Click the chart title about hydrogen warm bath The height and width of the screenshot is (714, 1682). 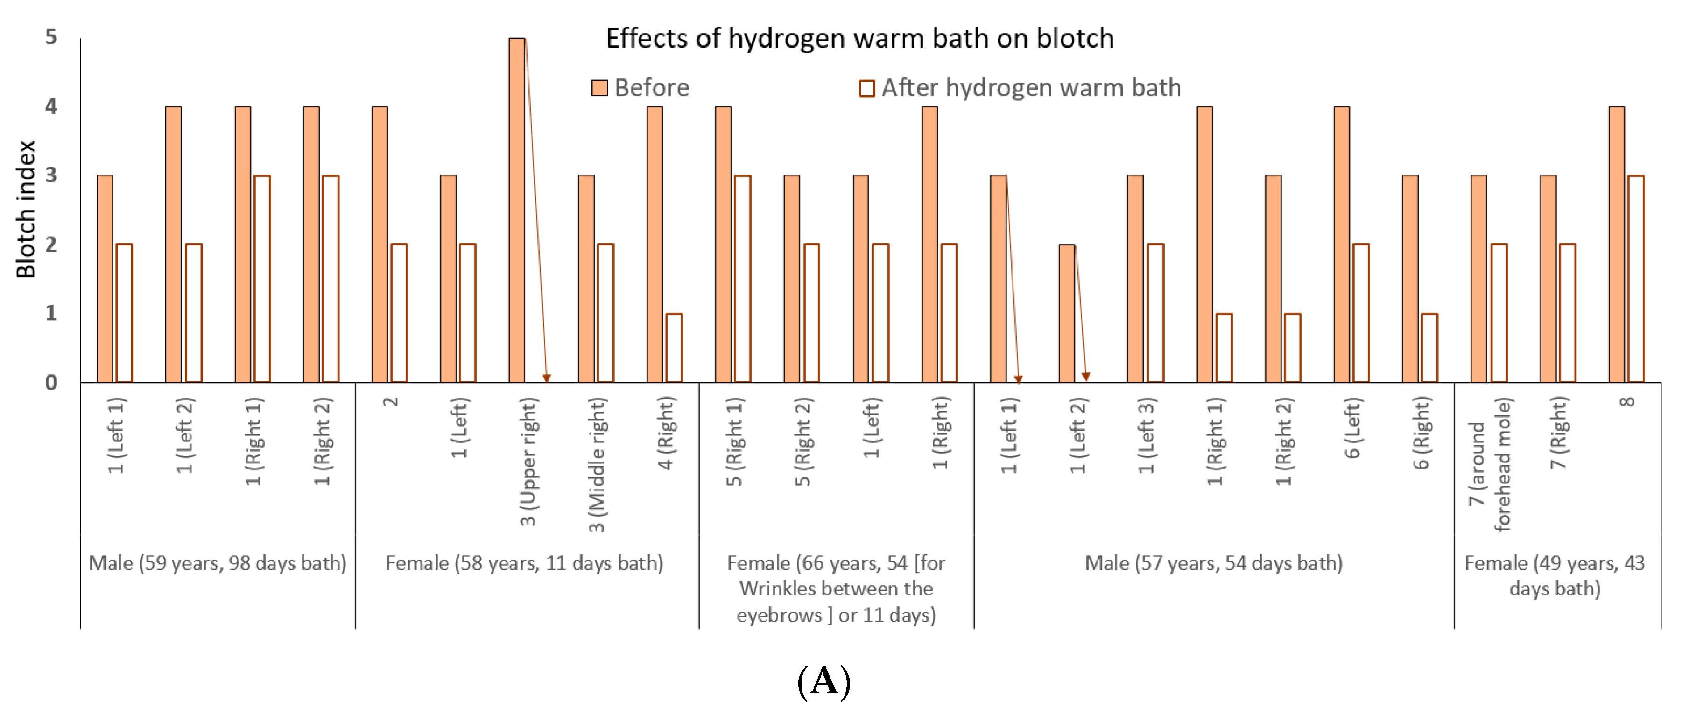coord(859,39)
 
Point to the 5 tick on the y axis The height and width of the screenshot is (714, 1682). coord(51,37)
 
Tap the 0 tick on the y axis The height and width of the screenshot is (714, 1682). coord(51,383)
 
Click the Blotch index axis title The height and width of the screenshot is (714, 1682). coord(26,210)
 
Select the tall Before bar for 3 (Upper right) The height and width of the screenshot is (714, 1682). coord(517,210)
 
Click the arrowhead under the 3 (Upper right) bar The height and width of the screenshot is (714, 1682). coord(547,378)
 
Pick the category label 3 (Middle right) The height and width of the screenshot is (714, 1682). coord(597,465)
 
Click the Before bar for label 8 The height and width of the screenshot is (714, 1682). coord(1617,244)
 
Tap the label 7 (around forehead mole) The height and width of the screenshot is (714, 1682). coord(1489,465)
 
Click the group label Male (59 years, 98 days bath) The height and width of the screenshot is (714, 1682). coord(218,563)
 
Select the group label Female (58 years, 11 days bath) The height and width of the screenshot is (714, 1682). coord(524,563)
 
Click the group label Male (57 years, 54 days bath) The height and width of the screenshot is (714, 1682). coord(1214,563)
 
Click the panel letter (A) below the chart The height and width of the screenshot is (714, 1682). coord(824,681)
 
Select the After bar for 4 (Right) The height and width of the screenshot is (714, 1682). coord(674,348)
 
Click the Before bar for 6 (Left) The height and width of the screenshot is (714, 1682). coord(1342,244)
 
